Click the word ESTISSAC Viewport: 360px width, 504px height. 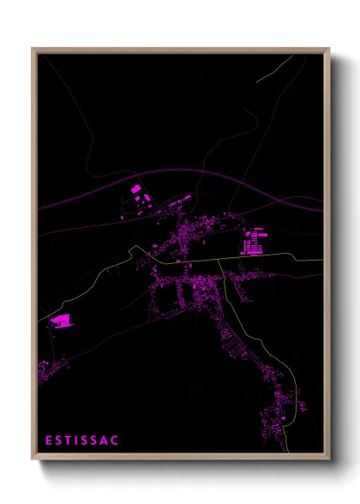pos(82,441)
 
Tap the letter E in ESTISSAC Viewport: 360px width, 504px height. pos(49,441)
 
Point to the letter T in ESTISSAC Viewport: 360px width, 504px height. pos(69,441)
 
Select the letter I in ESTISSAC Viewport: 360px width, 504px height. pos(79,441)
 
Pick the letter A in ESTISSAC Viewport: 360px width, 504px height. pos(105,441)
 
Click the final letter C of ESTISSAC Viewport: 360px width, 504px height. pos(116,441)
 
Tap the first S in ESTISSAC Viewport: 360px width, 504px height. pos(59,441)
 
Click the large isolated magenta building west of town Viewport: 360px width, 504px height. pos(61,321)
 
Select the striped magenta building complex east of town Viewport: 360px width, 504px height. pos(255,242)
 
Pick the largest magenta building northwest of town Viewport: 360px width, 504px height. pos(135,189)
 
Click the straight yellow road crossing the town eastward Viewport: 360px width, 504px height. pos(257,261)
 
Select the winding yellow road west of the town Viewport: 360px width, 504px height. pos(94,279)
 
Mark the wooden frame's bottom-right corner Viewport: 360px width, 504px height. pos(328,459)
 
